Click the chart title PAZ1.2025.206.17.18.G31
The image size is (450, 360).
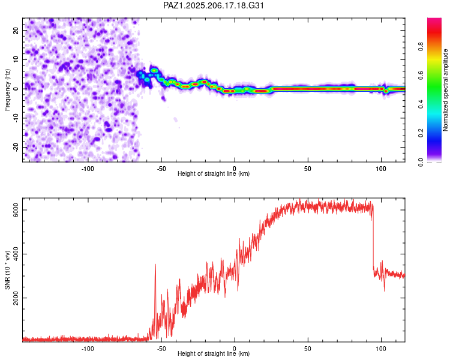click(x=213, y=5)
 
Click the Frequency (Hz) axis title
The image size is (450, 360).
click(x=7, y=90)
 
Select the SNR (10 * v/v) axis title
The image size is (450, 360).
click(x=7, y=270)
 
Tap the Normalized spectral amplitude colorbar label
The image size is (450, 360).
click(x=445, y=90)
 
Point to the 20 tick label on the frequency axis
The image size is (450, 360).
click(x=16, y=30)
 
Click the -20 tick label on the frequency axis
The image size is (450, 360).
click(x=16, y=148)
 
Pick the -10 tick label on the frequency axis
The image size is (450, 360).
click(x=16, y=118)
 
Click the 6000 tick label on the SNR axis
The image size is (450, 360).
click(x=16, y=210)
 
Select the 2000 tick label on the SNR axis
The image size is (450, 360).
click(x=16, y=298)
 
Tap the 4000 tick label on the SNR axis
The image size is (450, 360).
click(x=16, y=254)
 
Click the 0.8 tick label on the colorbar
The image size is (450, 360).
click(x=421, y=46)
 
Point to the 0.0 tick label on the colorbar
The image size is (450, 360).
click(x=421, y=162)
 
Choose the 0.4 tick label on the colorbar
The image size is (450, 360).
click(x=421, y=104)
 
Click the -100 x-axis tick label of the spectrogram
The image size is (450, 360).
click(x=88, y=169)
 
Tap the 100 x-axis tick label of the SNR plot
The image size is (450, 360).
click(x=381, y=349)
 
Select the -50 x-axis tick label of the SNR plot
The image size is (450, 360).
click(x=161, y=349)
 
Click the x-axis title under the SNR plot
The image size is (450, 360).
click(x=214, y=353)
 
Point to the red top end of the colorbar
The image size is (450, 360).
click(x=434, y=19)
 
